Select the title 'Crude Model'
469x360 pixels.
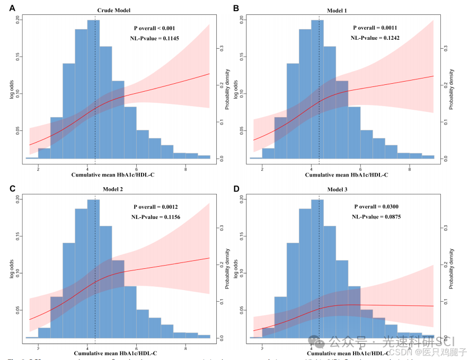113,10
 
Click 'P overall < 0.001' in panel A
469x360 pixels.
154,28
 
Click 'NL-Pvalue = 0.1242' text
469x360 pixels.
375,38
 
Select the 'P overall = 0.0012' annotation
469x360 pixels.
155,207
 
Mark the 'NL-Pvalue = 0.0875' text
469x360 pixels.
376,217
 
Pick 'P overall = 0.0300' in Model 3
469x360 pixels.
376,207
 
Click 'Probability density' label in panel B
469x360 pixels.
452,89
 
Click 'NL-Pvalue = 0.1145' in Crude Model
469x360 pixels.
154,38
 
